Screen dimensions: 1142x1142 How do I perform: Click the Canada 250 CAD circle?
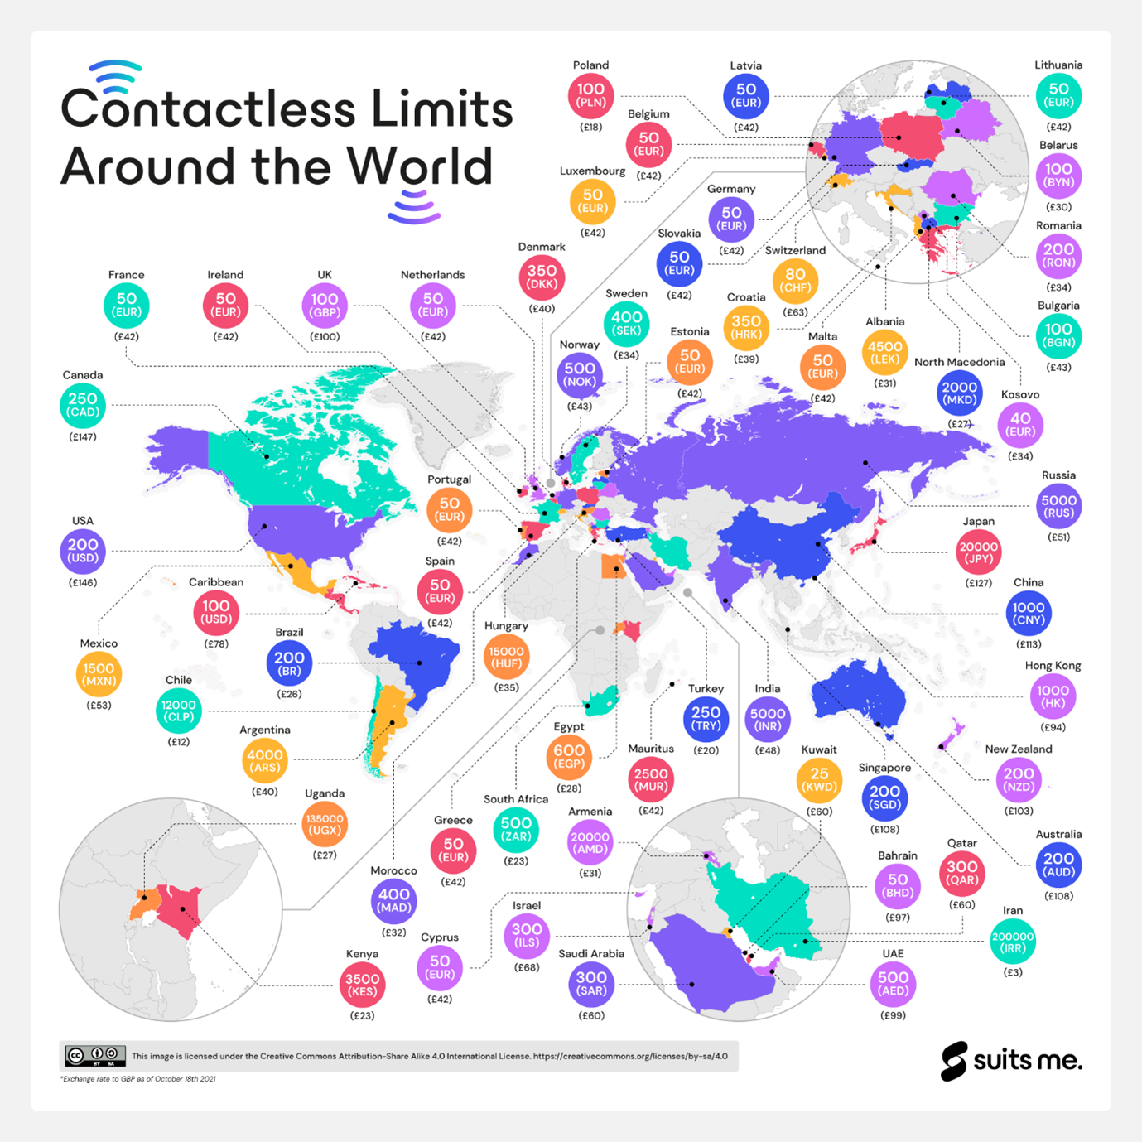[83, 405]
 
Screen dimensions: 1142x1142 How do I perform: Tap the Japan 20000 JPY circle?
[978, 552]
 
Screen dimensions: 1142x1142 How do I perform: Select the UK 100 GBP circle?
[325, 305]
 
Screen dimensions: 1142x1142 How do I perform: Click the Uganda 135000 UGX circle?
[325, 824]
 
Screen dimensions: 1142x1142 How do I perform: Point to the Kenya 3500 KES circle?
[363, 985]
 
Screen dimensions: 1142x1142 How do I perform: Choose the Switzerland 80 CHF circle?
[795, 281]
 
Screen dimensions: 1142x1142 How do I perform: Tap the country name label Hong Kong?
[1053, 666]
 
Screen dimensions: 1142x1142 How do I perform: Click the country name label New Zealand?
[1018, 749]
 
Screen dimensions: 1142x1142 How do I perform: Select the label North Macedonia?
[959, 362]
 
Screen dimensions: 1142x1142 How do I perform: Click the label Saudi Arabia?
[591, 954]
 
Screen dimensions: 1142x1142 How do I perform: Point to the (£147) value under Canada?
[83, 436]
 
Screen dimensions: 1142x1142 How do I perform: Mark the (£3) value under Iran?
[1013, 972]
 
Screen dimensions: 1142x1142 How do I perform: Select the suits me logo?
[1011, 1061]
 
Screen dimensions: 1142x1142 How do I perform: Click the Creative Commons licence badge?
[95, 1056]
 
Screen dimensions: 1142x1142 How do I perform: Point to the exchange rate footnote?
[137, 1079]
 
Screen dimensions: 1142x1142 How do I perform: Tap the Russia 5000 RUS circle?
[1058, 506]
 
